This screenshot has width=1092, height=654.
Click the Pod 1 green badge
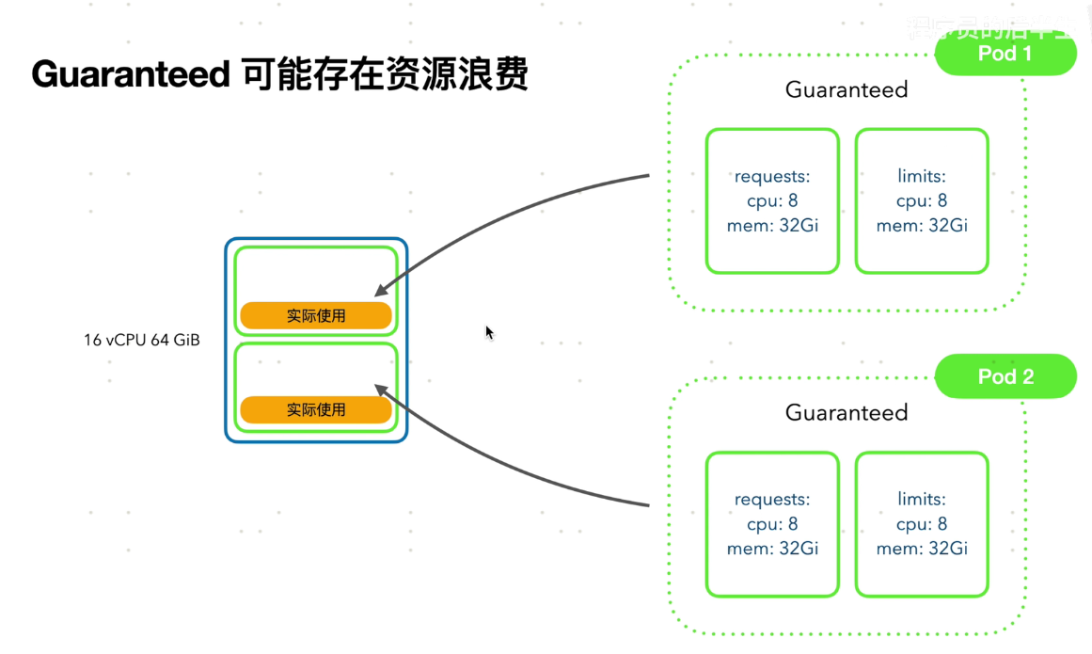tap(1005, 54)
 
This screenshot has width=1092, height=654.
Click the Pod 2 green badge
tap(1005, 377)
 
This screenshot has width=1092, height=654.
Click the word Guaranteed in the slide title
tap(131, 73)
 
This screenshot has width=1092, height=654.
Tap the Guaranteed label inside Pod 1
tap(847, 90)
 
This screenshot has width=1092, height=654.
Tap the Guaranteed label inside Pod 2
tap(847, 413)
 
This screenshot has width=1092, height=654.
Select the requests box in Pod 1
tap(772, 201)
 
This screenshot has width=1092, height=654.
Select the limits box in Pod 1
tap(922, 201)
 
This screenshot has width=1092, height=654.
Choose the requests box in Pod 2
tap(772, 524)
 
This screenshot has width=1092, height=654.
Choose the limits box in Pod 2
tap(922, 524)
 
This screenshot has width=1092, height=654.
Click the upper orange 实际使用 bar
tap(316, 316)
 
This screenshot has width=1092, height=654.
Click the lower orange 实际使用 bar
tap(316, 410)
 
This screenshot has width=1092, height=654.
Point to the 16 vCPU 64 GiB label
tap(142, 340)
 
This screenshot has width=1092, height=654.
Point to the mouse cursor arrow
tap(489, 332)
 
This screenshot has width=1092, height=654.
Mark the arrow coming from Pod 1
tap(489, 215)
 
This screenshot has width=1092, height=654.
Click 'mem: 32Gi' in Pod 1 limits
tap(922, 226)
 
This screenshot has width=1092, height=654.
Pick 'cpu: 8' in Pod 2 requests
tap(772, 524)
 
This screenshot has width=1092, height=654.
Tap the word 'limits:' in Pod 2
tap(922, 500)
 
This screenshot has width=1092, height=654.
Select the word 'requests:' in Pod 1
tap(772, 177)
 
